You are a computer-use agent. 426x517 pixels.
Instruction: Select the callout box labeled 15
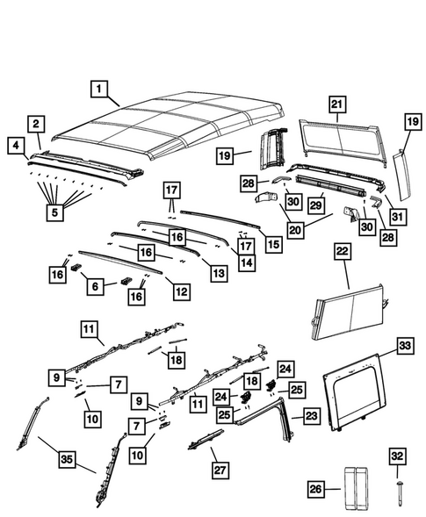pyautogui.click(x=273, y=244)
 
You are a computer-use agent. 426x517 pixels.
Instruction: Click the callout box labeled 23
pyautogui.click(x=311, y=416)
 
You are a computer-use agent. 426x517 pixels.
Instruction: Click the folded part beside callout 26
pyautogui.click(x=357, y=486)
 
